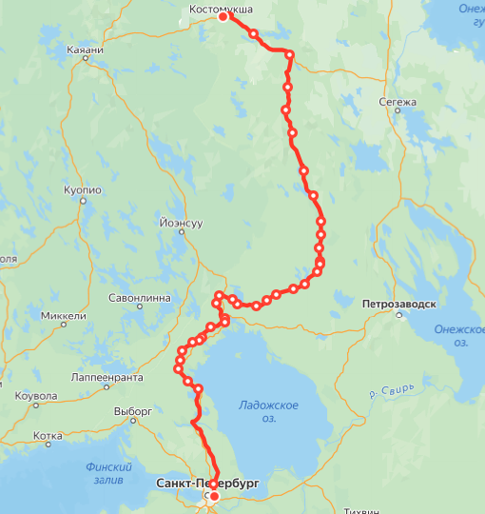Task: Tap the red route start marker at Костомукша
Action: [223, 17]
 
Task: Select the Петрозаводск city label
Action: [399, 305]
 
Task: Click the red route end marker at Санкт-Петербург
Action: [214, 496]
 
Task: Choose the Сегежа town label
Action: [398, 102]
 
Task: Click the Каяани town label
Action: [86, 49]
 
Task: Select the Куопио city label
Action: [82, 190]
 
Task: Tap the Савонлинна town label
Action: [139, 298]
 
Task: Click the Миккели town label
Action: [65, 316]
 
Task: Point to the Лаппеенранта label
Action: [107, 377]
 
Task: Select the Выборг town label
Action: [133, 411]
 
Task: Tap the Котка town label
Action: [47, 436]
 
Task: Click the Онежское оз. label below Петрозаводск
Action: [458, 335]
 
